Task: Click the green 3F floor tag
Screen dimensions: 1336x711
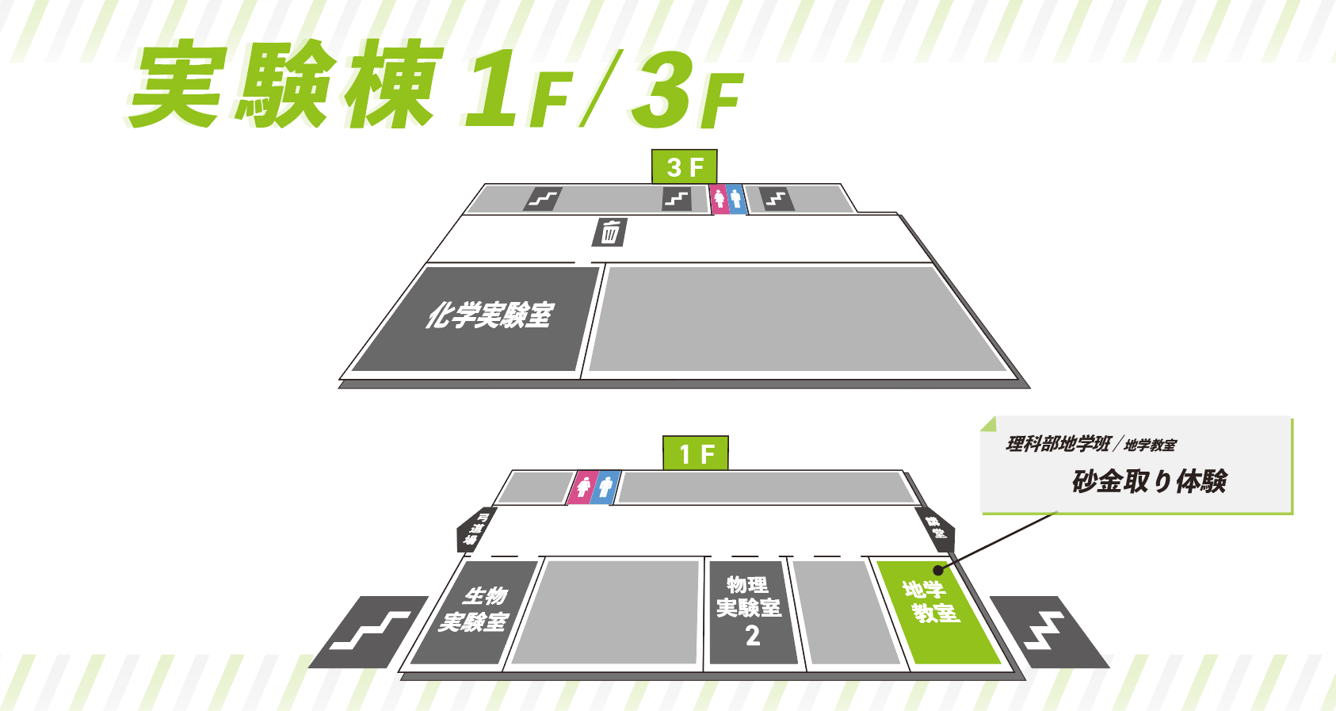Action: click(684, 166)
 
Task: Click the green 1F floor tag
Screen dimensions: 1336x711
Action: click(696, 453)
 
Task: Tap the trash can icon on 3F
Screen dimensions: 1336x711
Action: click(610, 232)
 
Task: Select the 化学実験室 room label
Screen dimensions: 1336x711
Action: click(488, 315)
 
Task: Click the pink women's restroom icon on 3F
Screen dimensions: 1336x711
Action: click(719, 198)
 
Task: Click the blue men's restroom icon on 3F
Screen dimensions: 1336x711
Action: click(736, 198)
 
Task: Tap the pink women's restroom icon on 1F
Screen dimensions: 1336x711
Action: click(584, 487)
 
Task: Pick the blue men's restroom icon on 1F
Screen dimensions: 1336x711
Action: click(606, 487)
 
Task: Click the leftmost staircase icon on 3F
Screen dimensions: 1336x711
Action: click(543, 198)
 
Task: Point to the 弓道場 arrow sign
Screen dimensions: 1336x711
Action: click(474, 529)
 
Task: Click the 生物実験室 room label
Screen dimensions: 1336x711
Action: click(475, 609)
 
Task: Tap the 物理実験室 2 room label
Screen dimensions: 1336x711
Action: click(750, 609)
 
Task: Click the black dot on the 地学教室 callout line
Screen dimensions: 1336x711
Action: click(938, 569)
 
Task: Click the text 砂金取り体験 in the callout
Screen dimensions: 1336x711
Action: click(1149, 481)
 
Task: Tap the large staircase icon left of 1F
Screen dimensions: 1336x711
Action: click(370, 631)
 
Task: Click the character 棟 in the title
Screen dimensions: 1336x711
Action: click(388, 86)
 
